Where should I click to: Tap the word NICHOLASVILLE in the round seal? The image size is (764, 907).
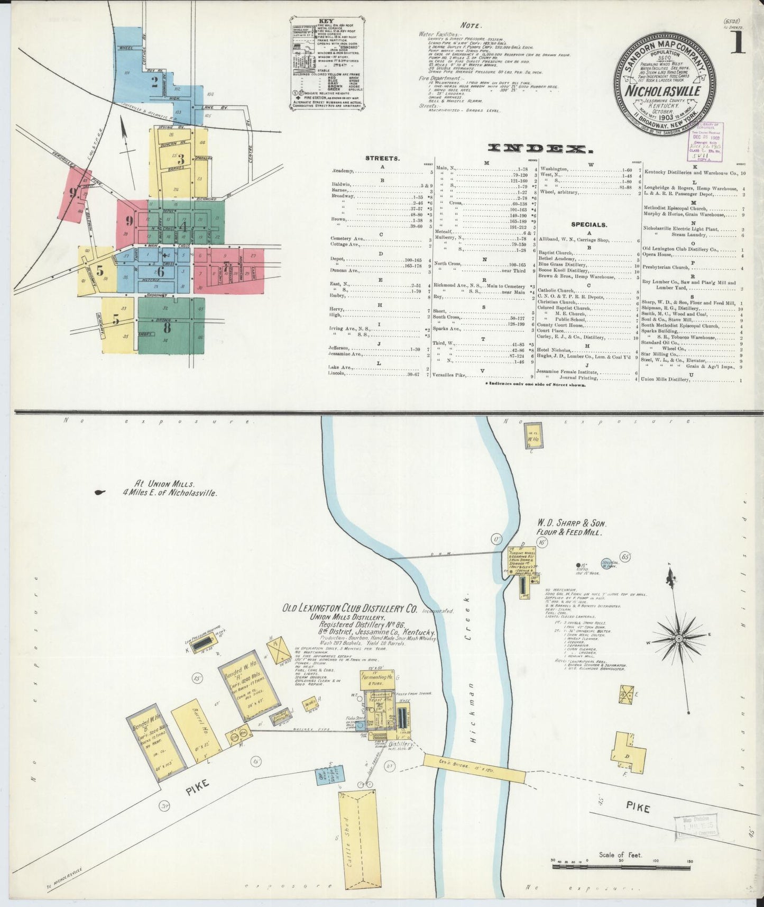coord(664,90)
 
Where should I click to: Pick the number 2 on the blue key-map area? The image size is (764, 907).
coord(154,81)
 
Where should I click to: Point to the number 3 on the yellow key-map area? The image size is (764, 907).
coord(180,160)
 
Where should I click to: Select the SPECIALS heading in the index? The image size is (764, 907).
coord(588,224)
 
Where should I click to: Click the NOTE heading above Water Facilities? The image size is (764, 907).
coord(470,25)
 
